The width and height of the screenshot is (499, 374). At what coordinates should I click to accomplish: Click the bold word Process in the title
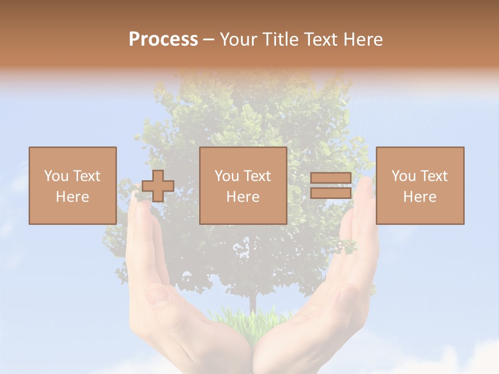pyautogui.click(x=163, y=39)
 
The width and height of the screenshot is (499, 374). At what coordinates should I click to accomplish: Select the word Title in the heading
pyautogui.click(x=280, y=39)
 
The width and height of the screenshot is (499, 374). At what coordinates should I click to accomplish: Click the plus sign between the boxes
pyautogui.click(x=158, y=186)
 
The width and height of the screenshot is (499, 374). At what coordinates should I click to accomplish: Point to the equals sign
pyautogui.click(x=331, y=185)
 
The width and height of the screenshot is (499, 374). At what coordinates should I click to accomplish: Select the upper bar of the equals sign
pyautogui.click(x=331, y=178)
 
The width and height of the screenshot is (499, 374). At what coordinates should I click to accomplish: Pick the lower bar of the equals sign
pyautogui.click(x=331, y=193)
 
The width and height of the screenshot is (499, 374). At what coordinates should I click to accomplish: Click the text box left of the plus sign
pyautogui.click(x=72, y=185)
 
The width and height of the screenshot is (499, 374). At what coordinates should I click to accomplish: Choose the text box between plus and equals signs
pyautogui.click(x=243, y=185)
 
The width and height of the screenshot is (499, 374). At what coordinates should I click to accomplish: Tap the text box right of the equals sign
pyautogui.click(x=419, y=185)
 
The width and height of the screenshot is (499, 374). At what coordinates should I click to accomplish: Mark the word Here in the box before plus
pyautogui.click(x=72, y=197)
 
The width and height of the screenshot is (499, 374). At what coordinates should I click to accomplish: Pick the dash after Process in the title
pyautogui.click(x=208, y=39)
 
